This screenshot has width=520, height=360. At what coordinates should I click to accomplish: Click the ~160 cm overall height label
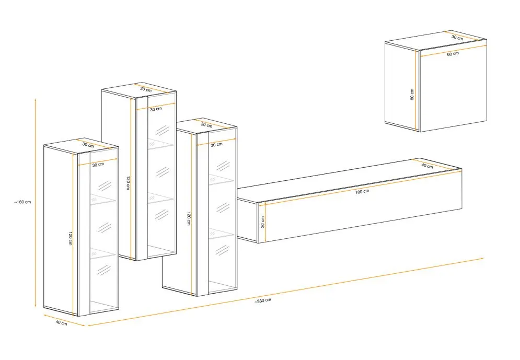pos(22,202)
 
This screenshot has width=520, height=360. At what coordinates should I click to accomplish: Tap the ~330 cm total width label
pos(263,300)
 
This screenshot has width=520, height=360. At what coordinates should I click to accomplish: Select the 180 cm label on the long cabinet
pos(362,191)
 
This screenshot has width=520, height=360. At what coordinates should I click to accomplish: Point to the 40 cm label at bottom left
pos(61,322)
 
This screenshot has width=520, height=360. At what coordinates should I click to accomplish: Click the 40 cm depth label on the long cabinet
pos(427,166)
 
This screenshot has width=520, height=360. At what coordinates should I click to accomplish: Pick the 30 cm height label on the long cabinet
pos(263,222)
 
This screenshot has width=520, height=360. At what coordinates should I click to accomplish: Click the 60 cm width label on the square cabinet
pos(453,54)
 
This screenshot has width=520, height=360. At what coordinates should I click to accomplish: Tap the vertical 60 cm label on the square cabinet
pos(412,94)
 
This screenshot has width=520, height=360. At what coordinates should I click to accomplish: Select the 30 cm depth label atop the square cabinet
pos(457,38)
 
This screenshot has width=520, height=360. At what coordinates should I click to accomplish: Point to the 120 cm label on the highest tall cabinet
pos(128,183)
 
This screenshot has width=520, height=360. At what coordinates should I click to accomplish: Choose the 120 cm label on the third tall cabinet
pos(189,219)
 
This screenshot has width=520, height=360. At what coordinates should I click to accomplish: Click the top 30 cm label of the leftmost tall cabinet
pos(88,145)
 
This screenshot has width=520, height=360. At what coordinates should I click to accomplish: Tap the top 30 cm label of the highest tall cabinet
pos(146,89)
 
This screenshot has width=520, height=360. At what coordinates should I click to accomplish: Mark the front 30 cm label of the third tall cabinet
pos(216,145)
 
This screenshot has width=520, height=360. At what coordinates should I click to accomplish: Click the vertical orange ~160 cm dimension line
pos(36,203)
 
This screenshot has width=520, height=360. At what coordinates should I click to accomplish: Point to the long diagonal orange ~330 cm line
pos(285,292)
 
